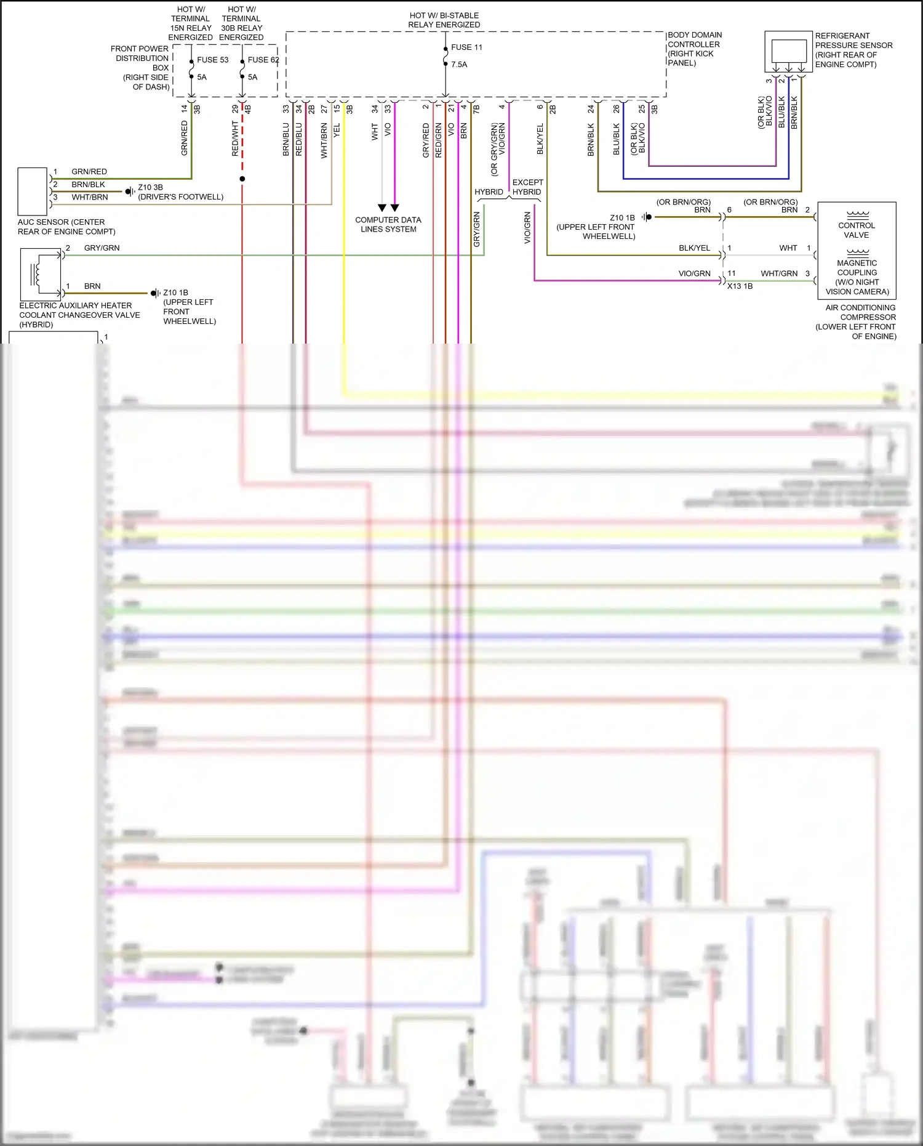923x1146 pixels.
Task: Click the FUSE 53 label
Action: coord(212,60)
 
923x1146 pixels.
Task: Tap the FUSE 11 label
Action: coord(466,47)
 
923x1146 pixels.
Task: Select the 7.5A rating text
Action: coord(459,64)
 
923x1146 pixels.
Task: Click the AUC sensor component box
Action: coord(32,191)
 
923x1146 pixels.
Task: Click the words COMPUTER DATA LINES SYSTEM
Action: coord(388,224)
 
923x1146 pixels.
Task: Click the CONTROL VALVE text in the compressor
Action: coord(857,230)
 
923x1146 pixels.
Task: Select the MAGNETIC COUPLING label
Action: coord(857,267)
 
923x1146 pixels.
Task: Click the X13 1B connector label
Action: coord(740,286)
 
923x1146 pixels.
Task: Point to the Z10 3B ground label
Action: coord(150,187)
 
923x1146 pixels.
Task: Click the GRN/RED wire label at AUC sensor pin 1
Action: coord(89,172)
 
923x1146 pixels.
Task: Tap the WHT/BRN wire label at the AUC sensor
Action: coord(90,197)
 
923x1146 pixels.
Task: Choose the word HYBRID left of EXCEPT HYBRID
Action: coord(489,192)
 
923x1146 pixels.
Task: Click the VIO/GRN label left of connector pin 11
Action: coord(694,273)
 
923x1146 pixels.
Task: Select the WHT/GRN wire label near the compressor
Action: coord(779,273)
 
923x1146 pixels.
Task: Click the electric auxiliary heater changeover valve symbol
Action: coord(41,274)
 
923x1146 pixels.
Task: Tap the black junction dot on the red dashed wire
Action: coord(242,179)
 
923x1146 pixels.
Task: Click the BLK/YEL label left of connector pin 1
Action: coord(694,248)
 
